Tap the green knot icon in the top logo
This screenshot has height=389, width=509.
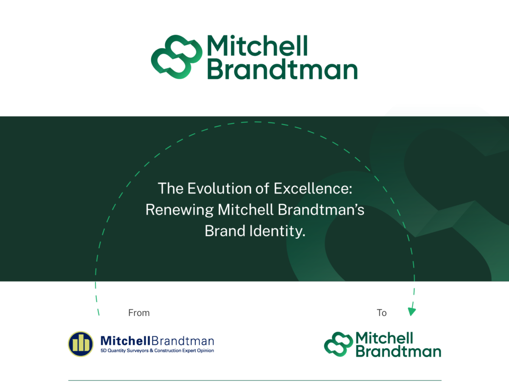(176, 57)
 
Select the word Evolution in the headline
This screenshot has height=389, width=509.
(224, 189)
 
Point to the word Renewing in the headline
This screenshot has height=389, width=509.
(179, 210)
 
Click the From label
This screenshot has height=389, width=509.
(139, 312)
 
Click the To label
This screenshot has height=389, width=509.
(382, 312)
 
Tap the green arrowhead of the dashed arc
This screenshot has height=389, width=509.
(412, 311)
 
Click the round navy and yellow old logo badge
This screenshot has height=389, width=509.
(81, 344)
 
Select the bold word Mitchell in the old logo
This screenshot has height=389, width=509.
(125, 341)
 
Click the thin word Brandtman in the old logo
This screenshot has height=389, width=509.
(183, 341)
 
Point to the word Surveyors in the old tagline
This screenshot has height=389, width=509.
(138, 351)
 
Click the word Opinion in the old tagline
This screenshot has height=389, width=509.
(205, 351)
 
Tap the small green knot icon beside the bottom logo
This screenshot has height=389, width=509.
(339, 344)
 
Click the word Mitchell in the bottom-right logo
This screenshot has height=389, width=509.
(384, 338)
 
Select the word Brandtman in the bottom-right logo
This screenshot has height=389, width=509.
(399, 352)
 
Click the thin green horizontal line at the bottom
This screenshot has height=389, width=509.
(255, 380)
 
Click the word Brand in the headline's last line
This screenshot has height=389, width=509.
(225, 231)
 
